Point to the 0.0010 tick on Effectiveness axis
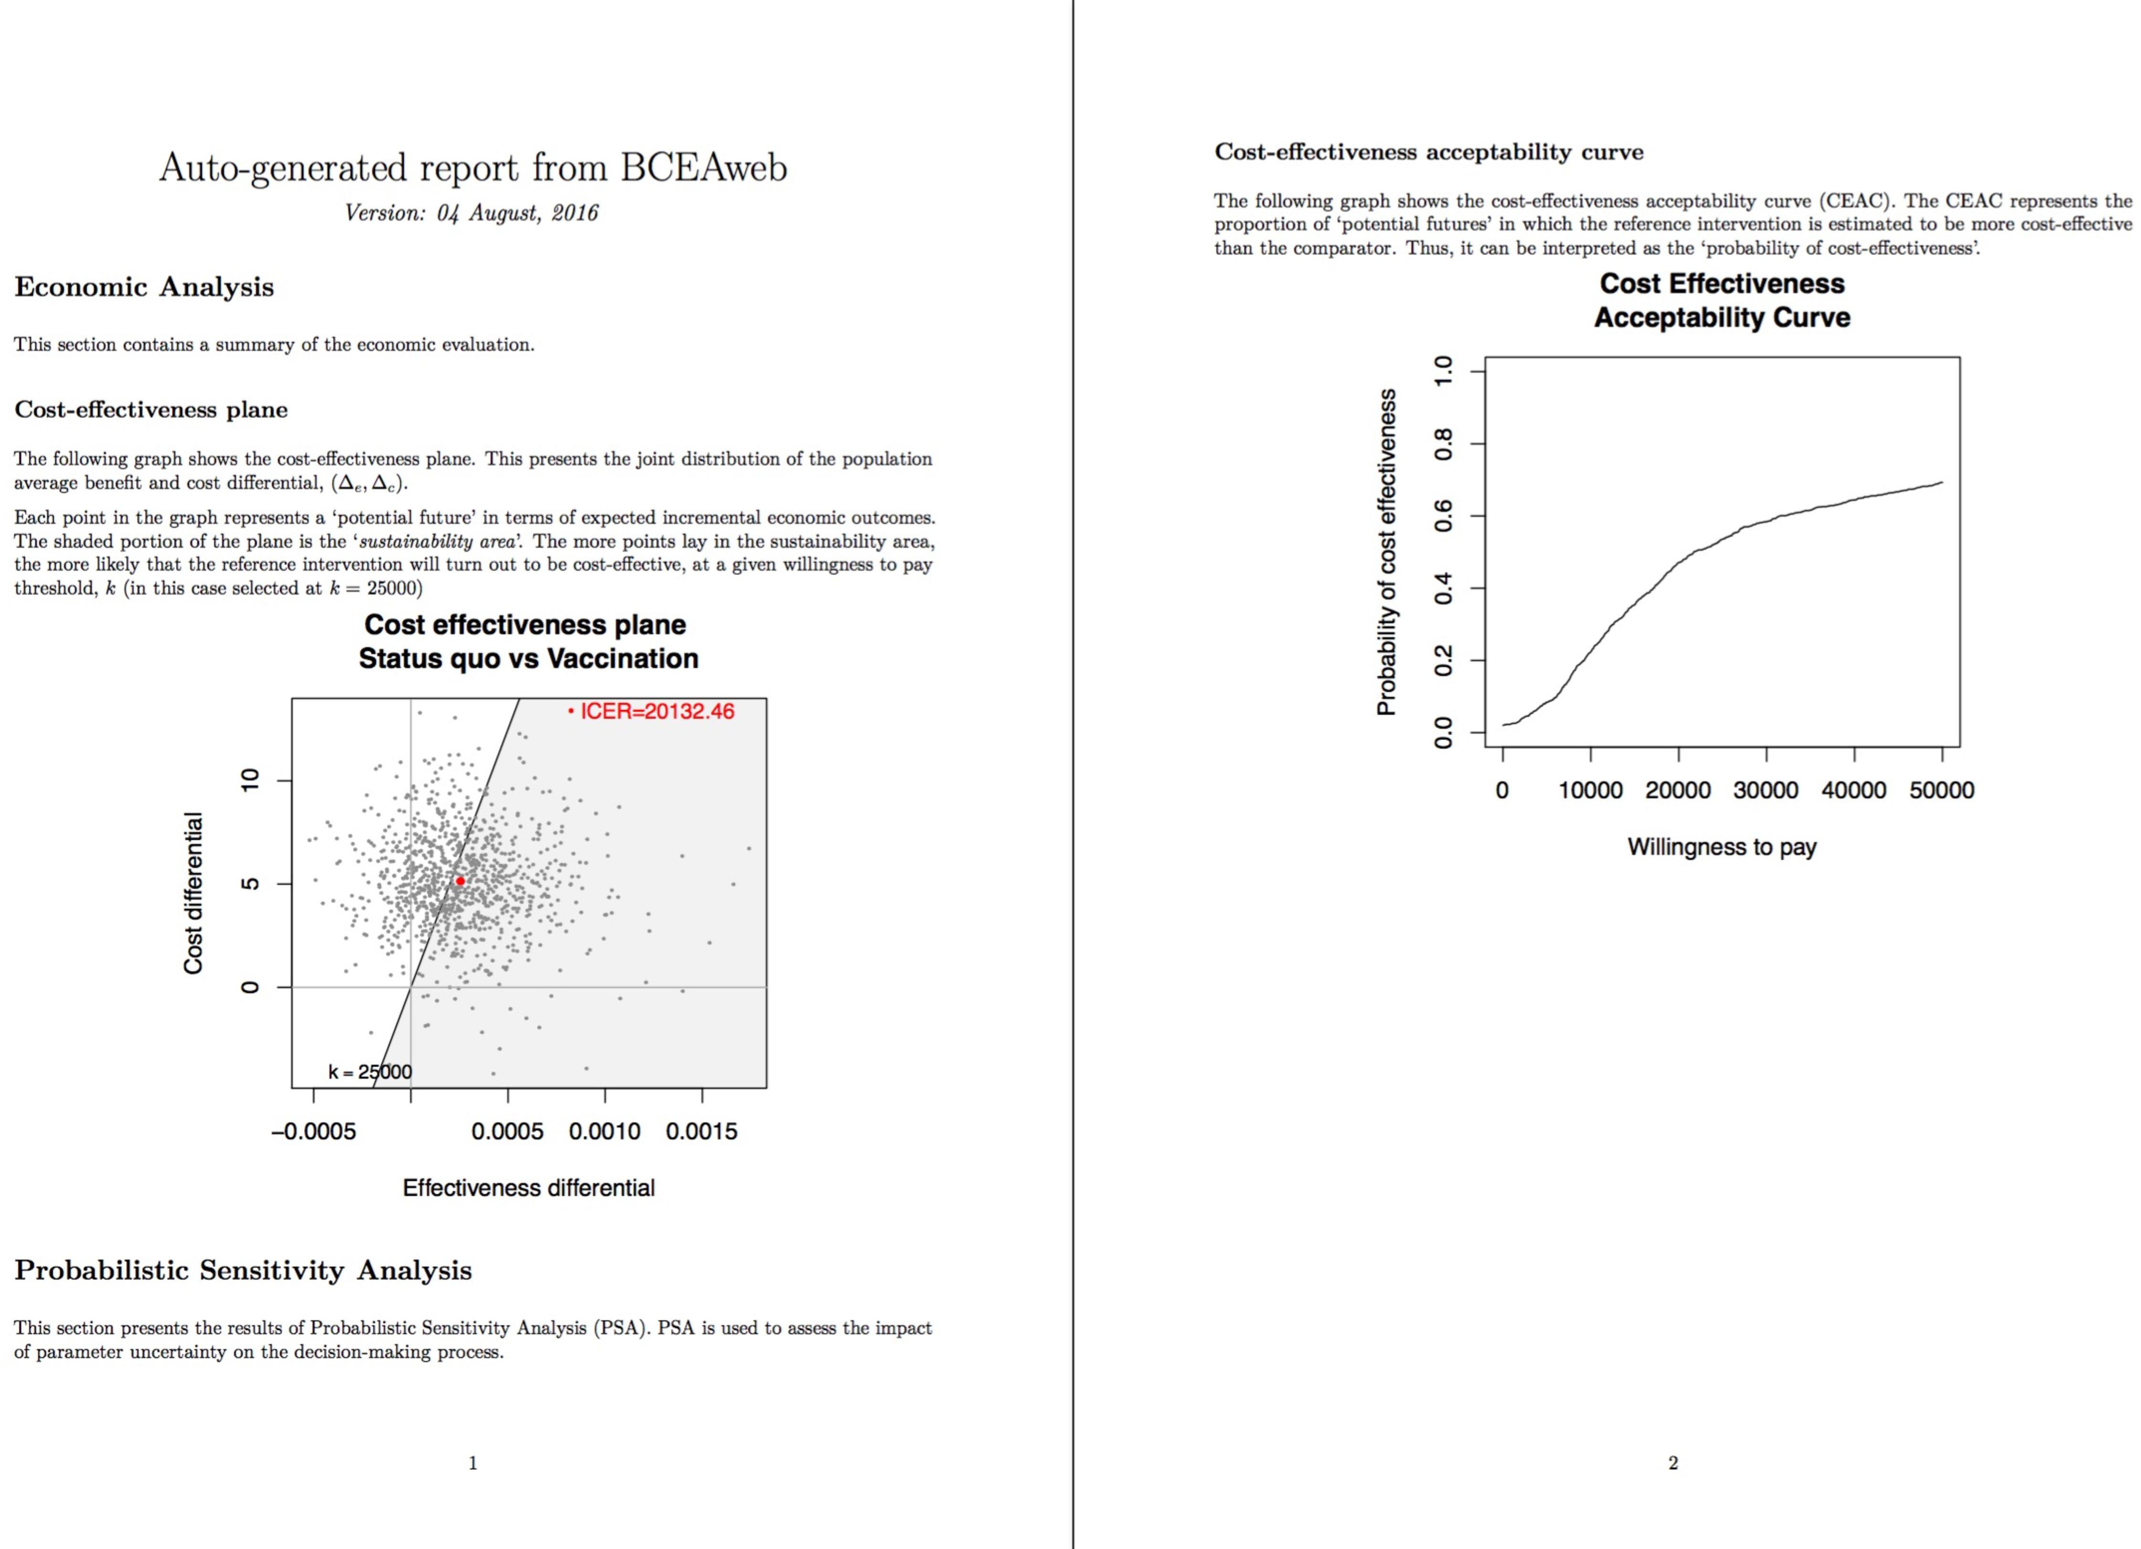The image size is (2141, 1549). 604,1131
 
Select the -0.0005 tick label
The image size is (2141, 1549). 314,1131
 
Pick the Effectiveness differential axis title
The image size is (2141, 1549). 529,1187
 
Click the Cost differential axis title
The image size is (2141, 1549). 193,893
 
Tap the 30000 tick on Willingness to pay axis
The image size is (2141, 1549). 1765,790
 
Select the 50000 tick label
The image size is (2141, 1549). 1941,790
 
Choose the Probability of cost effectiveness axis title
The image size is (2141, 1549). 1386,552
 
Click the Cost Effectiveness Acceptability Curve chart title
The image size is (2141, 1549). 1722,300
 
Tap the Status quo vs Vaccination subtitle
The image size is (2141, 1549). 529,659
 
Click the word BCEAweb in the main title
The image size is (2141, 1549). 703,168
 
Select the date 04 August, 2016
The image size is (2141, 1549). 517,213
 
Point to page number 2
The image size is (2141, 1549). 1673,1463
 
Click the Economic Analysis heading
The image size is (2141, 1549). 145,287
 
